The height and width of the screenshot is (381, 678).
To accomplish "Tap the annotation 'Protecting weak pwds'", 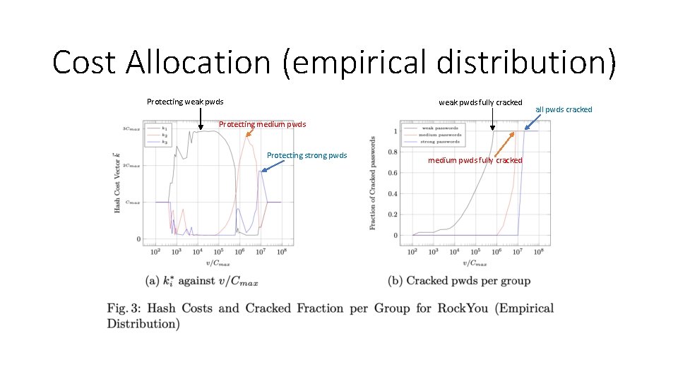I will pos(185,102).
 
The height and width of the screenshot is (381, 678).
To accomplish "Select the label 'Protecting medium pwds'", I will pos(262,124).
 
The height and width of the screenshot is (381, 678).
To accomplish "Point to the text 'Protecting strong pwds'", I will pos(307,155).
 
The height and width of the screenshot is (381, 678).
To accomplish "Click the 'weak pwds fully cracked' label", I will pos(480,102).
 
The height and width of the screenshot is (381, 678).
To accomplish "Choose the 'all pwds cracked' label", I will pos(564,109).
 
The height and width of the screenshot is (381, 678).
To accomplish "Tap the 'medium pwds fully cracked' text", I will pos(475,160).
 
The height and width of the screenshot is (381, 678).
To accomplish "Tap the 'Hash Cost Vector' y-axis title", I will pos(117,182).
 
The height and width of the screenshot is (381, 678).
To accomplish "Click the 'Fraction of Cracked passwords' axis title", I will pos(373,182).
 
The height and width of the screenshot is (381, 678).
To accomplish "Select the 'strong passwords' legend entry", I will pos(441,142).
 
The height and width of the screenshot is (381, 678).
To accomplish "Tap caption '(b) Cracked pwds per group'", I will pos(459,281).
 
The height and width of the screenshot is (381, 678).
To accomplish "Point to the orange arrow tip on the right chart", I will pos(494,154).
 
